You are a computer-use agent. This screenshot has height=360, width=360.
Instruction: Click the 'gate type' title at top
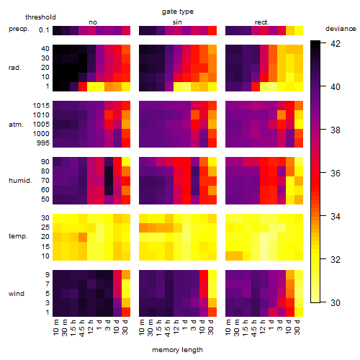[x=178, y=12]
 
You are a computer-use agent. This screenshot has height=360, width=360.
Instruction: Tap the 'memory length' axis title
[x=177, y=350]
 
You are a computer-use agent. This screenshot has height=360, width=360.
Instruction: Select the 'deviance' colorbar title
[x=341, y=29]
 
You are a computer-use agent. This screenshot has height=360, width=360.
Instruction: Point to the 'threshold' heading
[x=40, y=17]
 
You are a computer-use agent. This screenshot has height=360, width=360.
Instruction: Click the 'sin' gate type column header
[x=177, y=22]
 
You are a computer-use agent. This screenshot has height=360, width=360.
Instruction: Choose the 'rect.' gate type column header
[x=262, y=22]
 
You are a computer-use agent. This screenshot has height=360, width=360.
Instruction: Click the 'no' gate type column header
[x=93, y=22]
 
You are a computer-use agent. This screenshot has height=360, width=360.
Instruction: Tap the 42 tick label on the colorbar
[x=336, y=43]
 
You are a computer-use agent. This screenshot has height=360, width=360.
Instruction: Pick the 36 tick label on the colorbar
[x=336, y=173]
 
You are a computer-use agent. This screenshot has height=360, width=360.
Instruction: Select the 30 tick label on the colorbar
[x=336, y=302]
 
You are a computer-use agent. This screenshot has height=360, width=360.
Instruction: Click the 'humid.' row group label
[x=20, y=181]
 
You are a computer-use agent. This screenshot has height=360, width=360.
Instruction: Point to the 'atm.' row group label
[x=16, y=125]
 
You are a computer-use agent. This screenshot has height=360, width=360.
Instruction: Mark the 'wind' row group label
[x=17, y=294]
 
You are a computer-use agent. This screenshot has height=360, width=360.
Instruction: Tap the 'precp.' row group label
[x=19, y=29]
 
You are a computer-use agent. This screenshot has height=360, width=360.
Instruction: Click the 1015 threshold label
[x=41, y=106]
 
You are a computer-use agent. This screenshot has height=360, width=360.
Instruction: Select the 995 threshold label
[x=43, y=143]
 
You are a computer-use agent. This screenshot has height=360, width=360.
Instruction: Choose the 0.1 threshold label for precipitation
[x=44, y=30]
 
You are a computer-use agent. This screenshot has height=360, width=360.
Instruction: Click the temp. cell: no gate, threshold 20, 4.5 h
[x=83, y=237]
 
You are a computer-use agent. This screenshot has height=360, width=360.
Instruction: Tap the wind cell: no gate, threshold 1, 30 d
[x=126, y=312]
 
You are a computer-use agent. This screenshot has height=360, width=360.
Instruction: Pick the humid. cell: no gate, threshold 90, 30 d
[x=126, y=162]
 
